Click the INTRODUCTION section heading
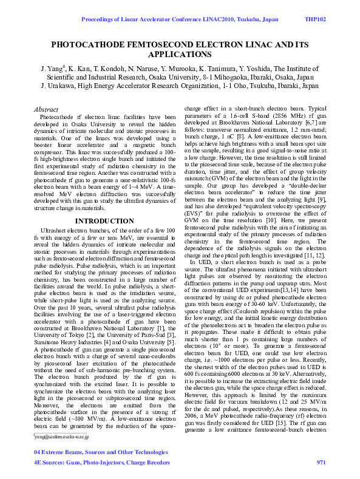pos(104,221)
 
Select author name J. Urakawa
pos(59,86)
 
